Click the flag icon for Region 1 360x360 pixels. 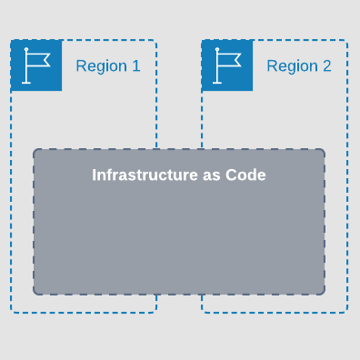pos(36,65)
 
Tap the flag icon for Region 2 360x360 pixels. pos(227,65)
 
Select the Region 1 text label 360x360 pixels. pos(107,66)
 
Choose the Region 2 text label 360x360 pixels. pos(298,66)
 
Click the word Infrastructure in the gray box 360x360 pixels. pos(144,175)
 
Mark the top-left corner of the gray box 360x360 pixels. pos(35,150)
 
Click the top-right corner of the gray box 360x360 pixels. pos(324,150)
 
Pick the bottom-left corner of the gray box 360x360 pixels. pos(35,294)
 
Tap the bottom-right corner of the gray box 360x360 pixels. pos(324,294)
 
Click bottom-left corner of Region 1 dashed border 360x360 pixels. pos(11,312)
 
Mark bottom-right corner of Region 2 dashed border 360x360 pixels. pos(346,312)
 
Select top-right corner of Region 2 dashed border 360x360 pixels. pos(346,40)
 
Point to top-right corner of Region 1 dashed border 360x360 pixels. pos(156,40)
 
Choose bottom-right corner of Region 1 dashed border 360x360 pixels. pos(156,312)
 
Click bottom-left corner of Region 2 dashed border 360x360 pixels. pos(202,312)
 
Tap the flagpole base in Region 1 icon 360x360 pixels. pos(26,82)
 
